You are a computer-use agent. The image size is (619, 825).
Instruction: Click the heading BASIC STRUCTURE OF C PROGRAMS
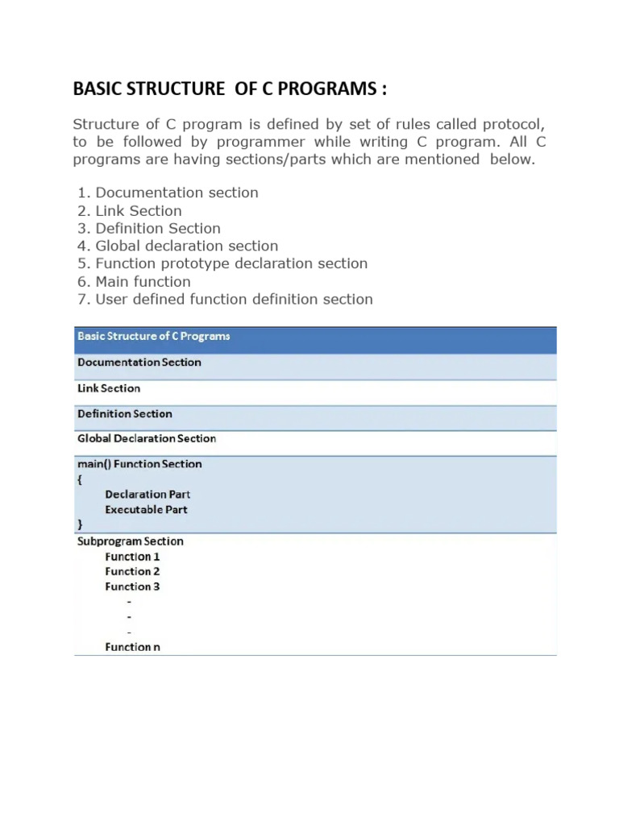click(x=230, y=89)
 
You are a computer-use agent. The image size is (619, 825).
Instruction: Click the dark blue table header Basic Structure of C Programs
click(x=153, y=337)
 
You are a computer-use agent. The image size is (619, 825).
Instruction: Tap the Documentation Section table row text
click(x=139, y=363)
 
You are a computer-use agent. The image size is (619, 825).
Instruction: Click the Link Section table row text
click(x=109, y=388)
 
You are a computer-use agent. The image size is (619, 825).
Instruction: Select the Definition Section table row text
click(x=125, y=414)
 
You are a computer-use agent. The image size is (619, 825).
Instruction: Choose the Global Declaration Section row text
click(x=147, y=439)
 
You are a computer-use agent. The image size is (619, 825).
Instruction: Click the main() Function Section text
click(x=139, y=464)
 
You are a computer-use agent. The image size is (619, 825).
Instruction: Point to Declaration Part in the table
click(x=147, y=495)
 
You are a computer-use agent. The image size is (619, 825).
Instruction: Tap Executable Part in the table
click(x=146, y=510)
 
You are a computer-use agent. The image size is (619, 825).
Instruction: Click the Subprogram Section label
click(x=131, y=541)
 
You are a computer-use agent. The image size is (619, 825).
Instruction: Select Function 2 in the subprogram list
click(x=132, y=571)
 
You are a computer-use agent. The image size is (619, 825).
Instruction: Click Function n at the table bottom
click(x=132, y=647)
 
